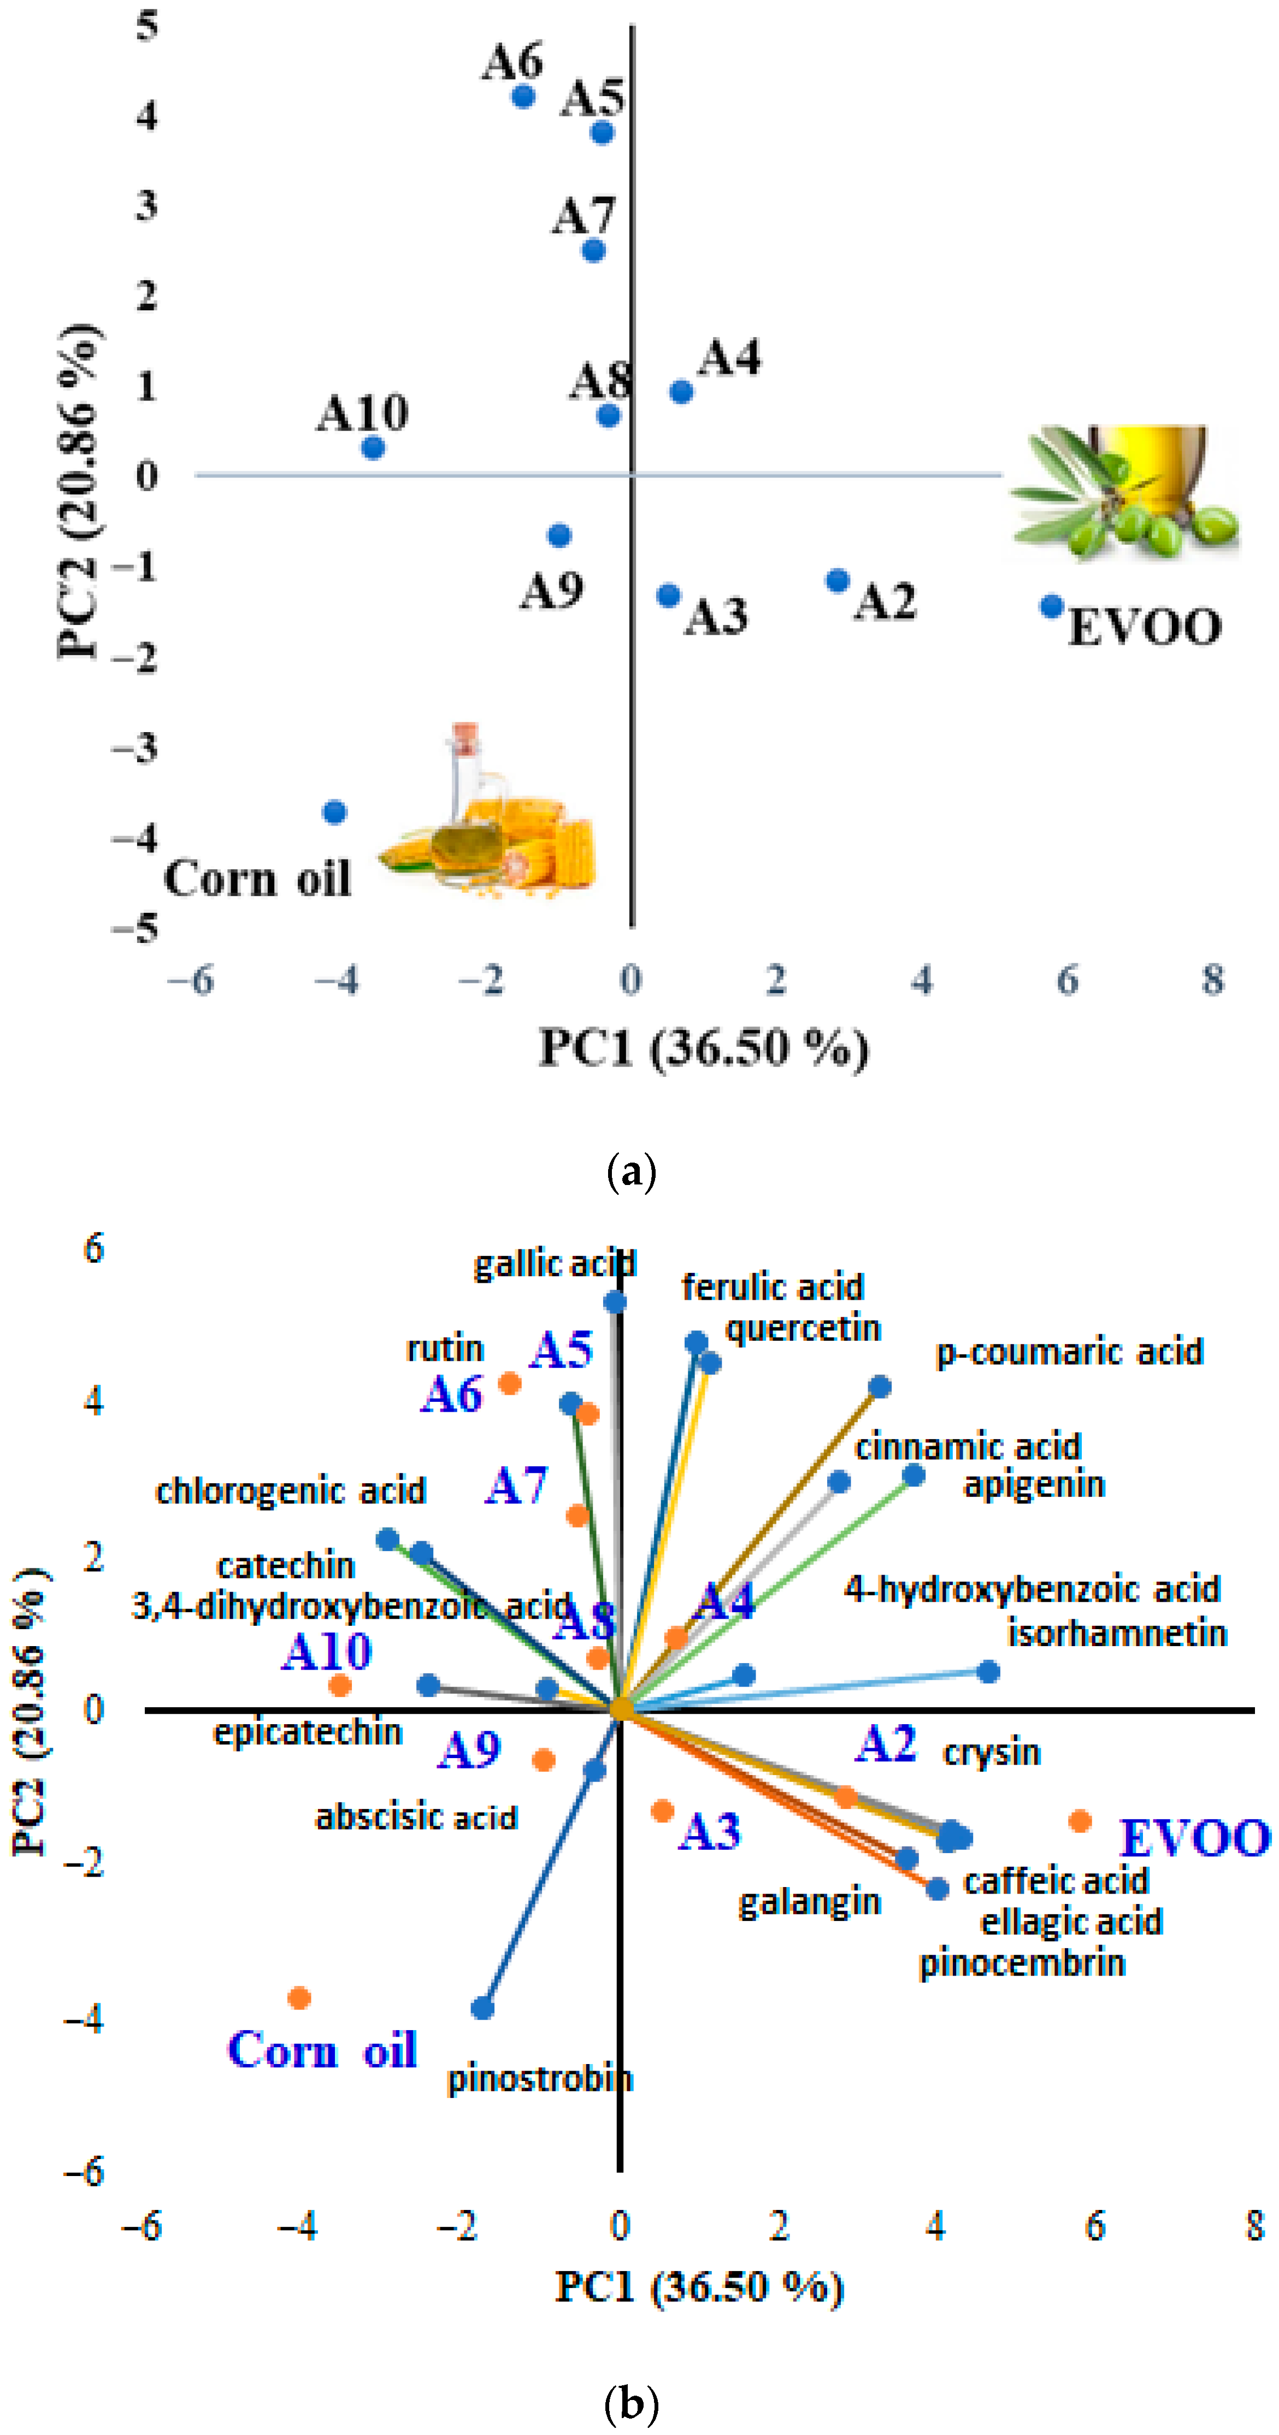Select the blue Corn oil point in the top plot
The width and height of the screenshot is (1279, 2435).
pos(335,812)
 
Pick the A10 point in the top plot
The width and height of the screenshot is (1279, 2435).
pos(373,447)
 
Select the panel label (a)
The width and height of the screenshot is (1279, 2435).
pos(630,1172)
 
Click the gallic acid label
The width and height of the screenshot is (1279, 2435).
pos(554,1264)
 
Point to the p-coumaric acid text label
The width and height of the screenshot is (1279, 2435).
pos(1069,1352)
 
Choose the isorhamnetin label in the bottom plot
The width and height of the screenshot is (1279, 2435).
pos(1116,1634)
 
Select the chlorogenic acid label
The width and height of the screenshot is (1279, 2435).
pos(290,1491)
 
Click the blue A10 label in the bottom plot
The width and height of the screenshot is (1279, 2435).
pos(327,1652)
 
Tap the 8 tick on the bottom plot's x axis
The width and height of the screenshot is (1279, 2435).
pos(1253,2226)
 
